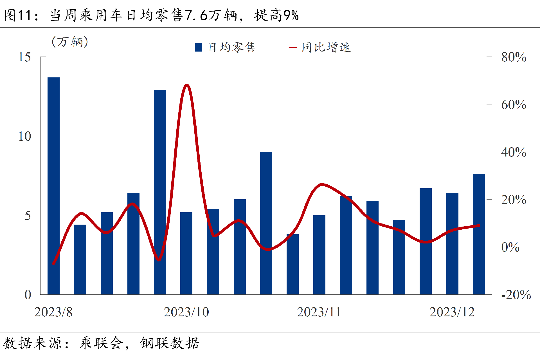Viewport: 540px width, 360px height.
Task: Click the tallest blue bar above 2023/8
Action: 53,186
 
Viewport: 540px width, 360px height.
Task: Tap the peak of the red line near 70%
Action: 187,85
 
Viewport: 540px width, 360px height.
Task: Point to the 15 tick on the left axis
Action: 24,57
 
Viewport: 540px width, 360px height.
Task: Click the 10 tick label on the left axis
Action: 24,137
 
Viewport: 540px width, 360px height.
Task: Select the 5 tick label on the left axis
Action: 28,216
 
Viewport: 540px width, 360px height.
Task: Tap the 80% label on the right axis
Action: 514,57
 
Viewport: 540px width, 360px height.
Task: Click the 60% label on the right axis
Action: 514,105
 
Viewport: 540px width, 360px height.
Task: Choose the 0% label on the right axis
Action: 510,247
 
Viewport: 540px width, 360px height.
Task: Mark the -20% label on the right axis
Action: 516,295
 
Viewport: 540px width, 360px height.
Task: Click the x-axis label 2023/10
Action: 186,312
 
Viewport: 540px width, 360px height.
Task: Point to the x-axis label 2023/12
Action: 452,312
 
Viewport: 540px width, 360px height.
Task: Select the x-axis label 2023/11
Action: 319,312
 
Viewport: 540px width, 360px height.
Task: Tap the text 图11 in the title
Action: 17,15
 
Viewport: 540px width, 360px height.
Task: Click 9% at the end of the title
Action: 291,15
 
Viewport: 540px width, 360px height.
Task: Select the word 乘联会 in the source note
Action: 102,343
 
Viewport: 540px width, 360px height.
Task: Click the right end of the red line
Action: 479,225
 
